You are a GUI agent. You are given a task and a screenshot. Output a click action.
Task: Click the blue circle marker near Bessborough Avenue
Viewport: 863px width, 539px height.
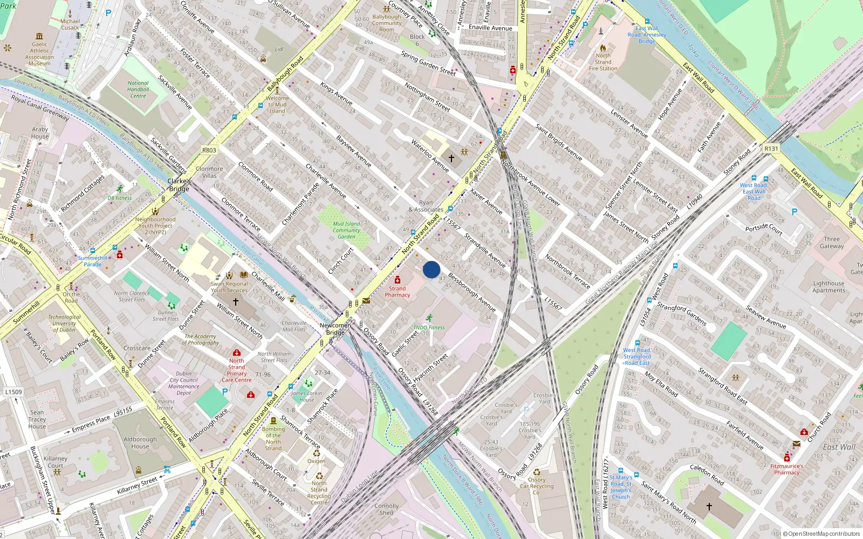pyautogui.click(x=432, y=269)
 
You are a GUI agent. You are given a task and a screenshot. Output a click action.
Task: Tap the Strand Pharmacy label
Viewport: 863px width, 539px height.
pyautogui.click(x=398, y=292)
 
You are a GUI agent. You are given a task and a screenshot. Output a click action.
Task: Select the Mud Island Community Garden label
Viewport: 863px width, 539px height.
pyautogui.click(x=346, y=230)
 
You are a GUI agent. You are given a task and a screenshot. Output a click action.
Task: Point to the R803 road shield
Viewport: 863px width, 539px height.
pyautogui.click(x=209, y=150)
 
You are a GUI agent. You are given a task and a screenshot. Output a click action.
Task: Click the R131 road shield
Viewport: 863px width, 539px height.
pyautogui.click(x=771, y=149)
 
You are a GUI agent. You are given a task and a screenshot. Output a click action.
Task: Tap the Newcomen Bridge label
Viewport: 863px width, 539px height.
pyautogui.click(x=335, y=329)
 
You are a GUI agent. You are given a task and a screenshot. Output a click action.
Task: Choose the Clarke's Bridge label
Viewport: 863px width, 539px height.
pyautogui.click(x=179, y=185)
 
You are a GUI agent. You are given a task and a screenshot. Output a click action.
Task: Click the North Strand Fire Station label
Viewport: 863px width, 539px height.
pyautogui.click(x=603, y=62)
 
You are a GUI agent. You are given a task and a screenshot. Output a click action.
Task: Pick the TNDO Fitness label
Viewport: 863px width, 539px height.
pyautogui.click(x=429, y=327)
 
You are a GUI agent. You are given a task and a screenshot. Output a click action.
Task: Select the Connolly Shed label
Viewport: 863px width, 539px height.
pyautogui.click(x=387, y=509)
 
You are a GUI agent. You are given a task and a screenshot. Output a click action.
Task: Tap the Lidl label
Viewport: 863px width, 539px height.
pyautogui.click(x=279, y=49)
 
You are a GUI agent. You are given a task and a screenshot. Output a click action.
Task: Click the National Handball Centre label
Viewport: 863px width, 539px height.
pyautogui.click(x=138, y=89)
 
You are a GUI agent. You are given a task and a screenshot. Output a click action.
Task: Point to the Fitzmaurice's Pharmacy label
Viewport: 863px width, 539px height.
pyautogui.click(x=787, y=469)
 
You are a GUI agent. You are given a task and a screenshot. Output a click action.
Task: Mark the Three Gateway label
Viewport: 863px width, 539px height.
pyautogui.click(x=832, y=243)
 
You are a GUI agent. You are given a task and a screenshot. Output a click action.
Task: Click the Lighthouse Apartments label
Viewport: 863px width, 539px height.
pyautogui.click(x=829, y=287)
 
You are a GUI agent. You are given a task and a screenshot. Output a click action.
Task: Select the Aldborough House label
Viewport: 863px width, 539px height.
pyautogui.click(x=140, y=443)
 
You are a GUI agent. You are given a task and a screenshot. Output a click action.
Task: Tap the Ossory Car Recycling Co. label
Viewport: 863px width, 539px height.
pyautogui.click(x=537, y=486)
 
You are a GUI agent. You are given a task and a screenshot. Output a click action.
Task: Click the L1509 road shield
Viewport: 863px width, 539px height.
pyautogui.click(x=14, y=392)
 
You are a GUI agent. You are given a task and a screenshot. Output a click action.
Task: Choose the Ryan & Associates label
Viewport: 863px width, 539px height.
pyautogui.click(x=426, y=206)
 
